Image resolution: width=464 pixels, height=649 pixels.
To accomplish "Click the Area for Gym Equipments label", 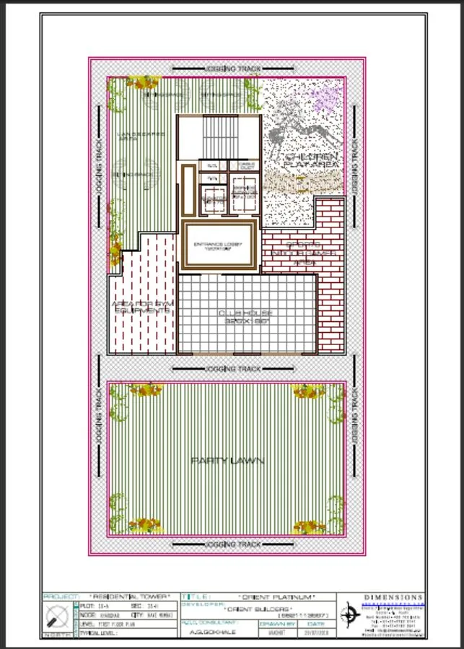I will [x=141, y=308].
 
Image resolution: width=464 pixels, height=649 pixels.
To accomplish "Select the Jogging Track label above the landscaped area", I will [x=232, y=69].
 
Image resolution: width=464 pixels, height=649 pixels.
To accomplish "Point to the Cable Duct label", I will [x=243, y=166].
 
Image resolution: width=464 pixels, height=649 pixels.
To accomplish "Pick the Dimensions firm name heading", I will [x=393, y=597].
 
